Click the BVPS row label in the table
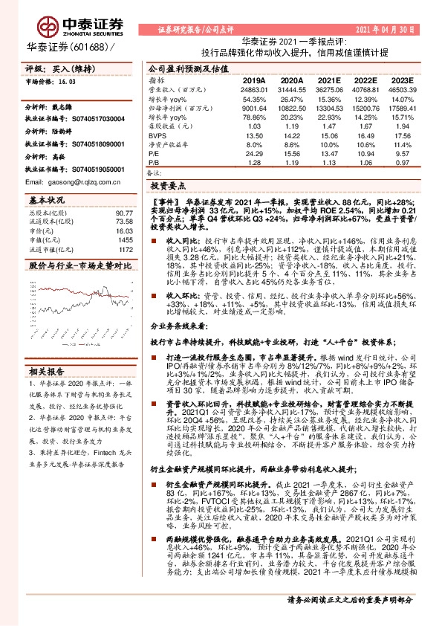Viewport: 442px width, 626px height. pyautogui.click(x=156, y=135)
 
